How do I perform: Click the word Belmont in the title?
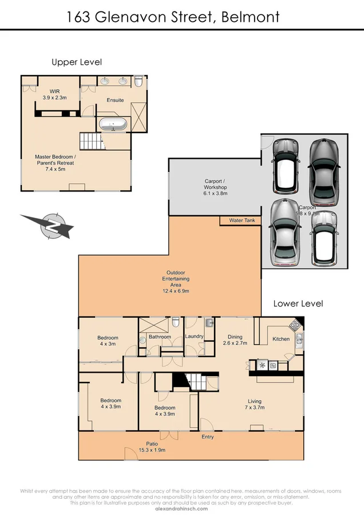coord(251,17)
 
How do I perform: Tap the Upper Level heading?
coord(77,62)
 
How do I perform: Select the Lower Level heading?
coord(298,303)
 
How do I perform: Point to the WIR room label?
coord(55,95)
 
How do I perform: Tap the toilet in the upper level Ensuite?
coord(139,82)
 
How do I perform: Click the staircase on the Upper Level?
coord(90,140)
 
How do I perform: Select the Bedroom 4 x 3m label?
coord(108,341)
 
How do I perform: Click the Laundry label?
coord(195,337)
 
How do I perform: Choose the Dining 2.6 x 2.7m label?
coord(235,340)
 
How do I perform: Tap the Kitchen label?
coord(280,339)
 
